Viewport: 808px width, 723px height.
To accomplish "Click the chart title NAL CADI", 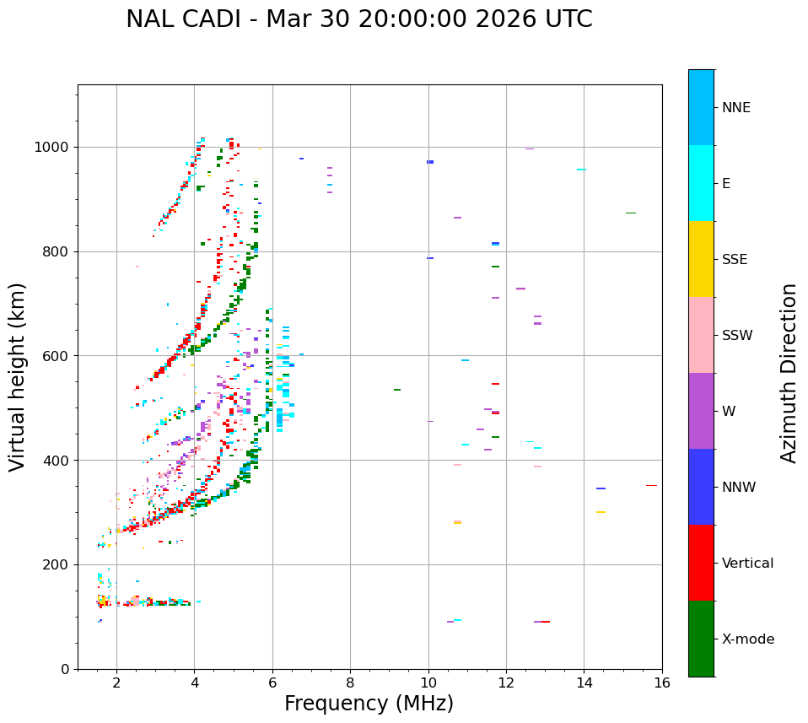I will point(358,19).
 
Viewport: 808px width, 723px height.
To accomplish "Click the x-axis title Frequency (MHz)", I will point(369,704).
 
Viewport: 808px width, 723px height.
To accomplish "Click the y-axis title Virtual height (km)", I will point(18,377).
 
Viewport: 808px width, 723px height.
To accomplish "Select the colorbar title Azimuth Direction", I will point(789,373).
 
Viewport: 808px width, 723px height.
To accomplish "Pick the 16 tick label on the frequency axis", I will point(661,683).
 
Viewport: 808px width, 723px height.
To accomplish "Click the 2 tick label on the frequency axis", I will point(116,683).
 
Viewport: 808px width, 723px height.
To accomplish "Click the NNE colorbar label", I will point(735,108).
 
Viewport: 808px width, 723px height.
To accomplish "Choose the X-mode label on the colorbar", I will point(748,639).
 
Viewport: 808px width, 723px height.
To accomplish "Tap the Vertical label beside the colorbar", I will point(747,564).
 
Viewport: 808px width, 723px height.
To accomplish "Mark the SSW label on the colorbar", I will point(737,336).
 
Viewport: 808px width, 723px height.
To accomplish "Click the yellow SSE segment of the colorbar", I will point(701,259).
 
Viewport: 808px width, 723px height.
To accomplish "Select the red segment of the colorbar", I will point(701,563).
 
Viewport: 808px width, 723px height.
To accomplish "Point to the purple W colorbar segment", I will point(701,411).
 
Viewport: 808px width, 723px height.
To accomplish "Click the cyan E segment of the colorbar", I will point(701,183).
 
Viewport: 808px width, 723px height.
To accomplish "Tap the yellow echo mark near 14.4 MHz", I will point(601,512).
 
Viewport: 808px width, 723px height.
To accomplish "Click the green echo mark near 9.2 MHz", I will point(396,390).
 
